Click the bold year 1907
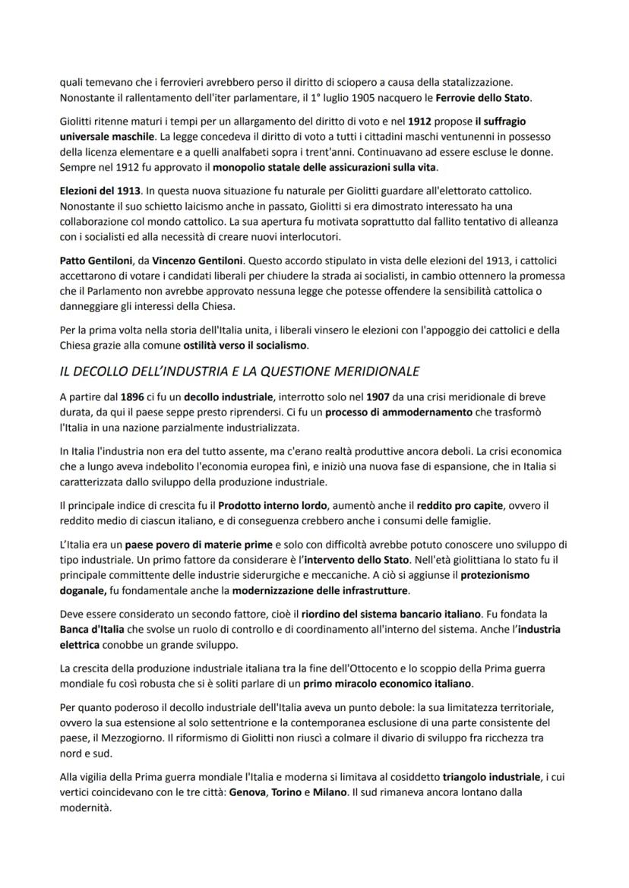[x=378, y=397]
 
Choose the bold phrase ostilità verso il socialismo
[x=245, y=346]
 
